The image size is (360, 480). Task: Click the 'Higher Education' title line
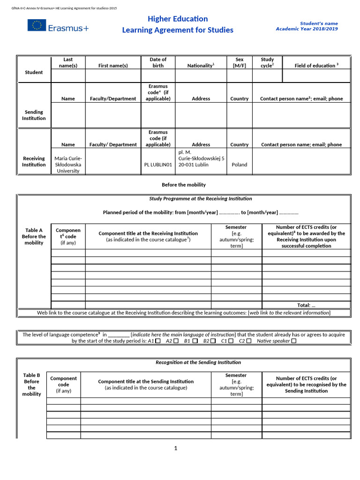tap(178, 19)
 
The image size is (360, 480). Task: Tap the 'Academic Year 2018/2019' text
tap(307, 29)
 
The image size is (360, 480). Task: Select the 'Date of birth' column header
tap(158, 62)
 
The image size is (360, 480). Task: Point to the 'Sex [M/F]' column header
tap(239, 62)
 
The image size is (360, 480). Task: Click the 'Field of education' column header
tap(316, 66)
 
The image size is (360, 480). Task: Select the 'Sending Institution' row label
tap(34, 115)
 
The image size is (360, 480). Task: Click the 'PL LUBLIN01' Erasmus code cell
tap(158, 165)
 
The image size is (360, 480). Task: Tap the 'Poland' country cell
tap(239, 165)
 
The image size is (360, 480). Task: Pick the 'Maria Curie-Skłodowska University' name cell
tap(68, 165)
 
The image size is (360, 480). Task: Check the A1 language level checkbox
tap(157, 341)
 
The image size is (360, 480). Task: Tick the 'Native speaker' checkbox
tap(294, 341)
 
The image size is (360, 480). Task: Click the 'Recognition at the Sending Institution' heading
tap(198, 362)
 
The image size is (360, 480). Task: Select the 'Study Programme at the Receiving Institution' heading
tap(200, 199)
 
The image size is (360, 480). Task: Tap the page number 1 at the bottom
tap(176, 449)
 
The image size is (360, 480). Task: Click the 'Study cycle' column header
tap(267, 62)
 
